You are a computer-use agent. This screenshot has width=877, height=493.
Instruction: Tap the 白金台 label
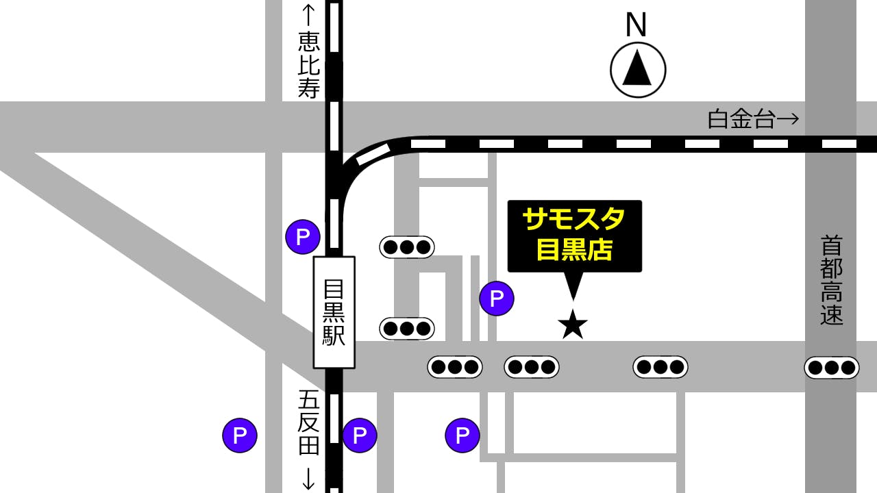click(x=741, y=120)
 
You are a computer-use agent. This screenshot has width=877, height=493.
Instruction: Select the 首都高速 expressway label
click(x=831, y=281)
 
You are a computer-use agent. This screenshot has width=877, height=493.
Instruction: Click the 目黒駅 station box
click(x=334, y=312)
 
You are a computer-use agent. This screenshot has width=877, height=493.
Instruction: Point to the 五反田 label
click(x=309, y=422)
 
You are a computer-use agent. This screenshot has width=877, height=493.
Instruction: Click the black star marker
click(x=573, y=325)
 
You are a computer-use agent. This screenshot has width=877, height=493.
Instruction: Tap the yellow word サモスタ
click(x=574, y=220)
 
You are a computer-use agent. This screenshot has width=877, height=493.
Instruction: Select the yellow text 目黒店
click(x=574, y=250)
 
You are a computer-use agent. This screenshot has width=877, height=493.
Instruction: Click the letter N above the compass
click(x=637, y=25)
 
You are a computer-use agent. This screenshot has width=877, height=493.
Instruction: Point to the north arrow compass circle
click(x=638, y=70)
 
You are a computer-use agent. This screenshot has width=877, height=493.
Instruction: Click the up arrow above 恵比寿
click(x=309, y=14)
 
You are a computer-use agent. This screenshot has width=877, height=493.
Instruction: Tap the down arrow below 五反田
click(x=309, y=477)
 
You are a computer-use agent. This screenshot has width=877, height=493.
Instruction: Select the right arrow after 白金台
click(x=789, y=120)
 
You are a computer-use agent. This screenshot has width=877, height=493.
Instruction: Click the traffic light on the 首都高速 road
click(x=831, y=368)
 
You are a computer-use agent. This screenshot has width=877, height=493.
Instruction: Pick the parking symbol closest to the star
click(x=497, y=299)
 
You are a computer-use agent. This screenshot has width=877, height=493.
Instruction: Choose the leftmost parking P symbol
click(x=240, y=435)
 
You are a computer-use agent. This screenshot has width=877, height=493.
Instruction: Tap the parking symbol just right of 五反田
click(x=360, y=435)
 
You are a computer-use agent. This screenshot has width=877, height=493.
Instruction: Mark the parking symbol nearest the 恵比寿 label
click(x=303, y=237)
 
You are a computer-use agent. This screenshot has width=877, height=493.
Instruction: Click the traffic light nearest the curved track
click(x=407, y=247)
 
